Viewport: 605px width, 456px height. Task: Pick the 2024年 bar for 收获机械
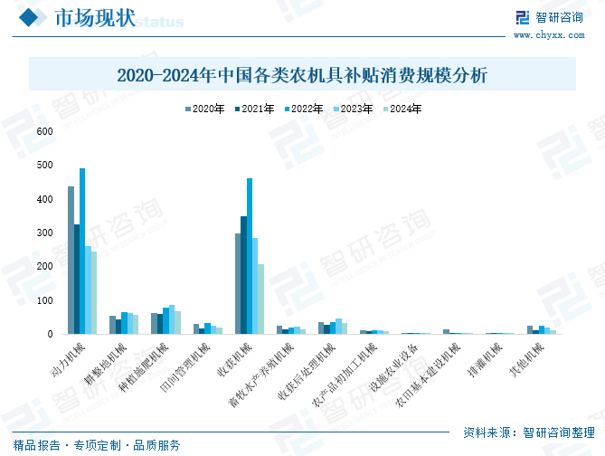click(x=261, y=299)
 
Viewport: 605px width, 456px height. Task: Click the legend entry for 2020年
click(x=206, y=109)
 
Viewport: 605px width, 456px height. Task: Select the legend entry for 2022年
click(x=304, y=109)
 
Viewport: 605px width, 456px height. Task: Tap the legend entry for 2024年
click(x=402, y=109)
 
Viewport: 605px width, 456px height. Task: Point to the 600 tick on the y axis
click(x=45, y=132)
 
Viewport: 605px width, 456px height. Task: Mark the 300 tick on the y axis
click(x=45, y=233)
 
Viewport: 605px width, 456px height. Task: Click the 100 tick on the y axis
click(x=45, y=300)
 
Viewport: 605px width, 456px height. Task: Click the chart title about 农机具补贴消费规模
click(x=302, y=75)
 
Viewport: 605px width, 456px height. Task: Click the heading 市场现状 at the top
click(x=95, y=18)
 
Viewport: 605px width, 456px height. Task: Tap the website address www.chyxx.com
click(x=551, y=35)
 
